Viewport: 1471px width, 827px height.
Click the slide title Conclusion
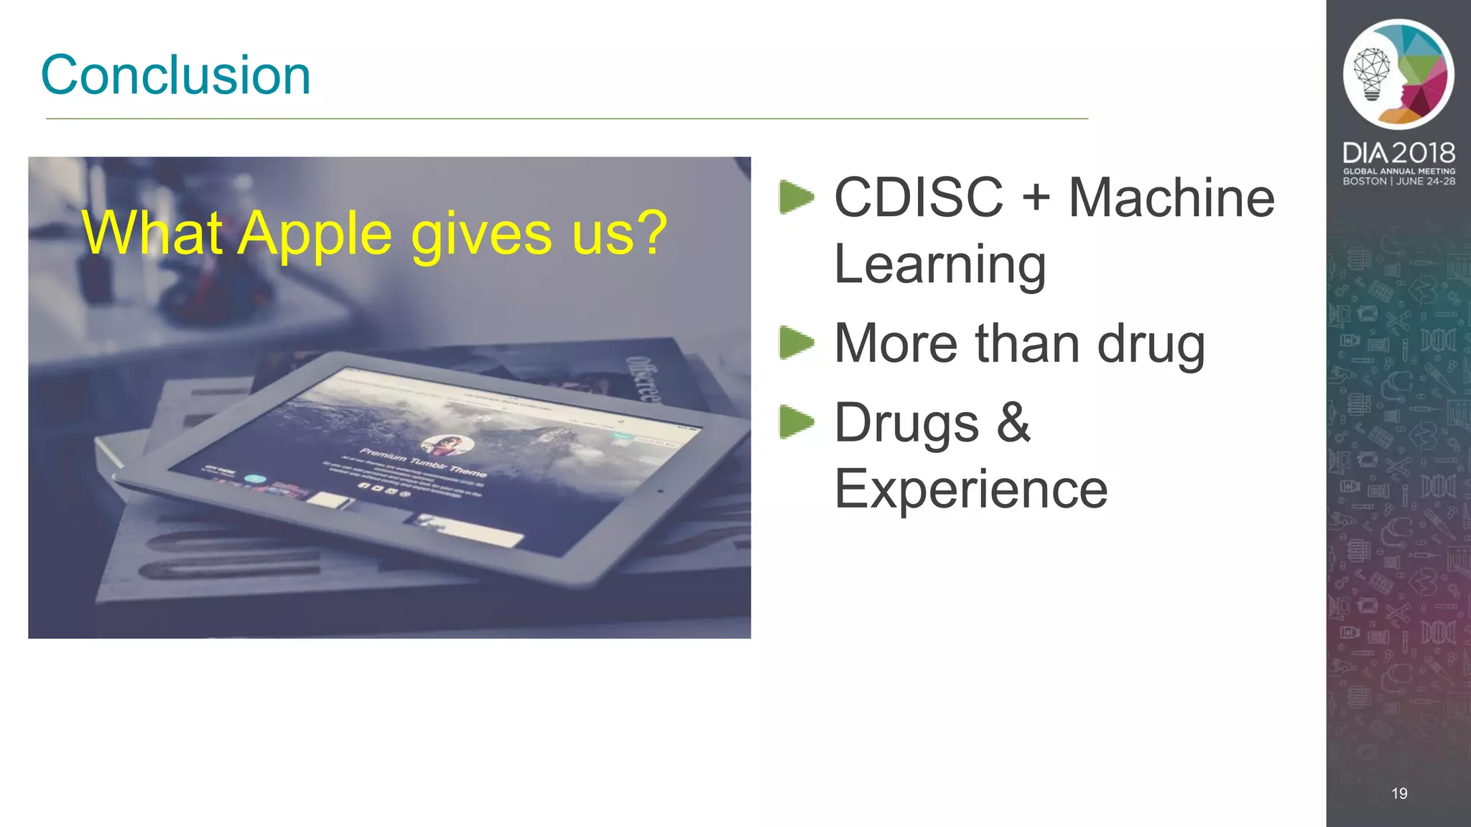click(176, 75)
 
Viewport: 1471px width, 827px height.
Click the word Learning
click(939, 265)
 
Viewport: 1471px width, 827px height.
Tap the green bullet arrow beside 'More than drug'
click(797, 342)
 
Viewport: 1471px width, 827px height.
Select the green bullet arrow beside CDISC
click(797, 197)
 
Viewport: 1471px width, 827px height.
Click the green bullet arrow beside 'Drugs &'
click(797, 421)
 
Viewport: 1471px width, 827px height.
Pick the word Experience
click(970, 489)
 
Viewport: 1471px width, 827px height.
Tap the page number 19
click(1399, 793)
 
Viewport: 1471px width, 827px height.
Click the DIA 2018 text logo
click(1398, 152)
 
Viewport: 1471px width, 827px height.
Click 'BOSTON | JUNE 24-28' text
click(1398, 182)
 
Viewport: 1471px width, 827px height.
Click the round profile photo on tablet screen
click(447, 445)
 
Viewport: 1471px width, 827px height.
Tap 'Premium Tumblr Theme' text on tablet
click(423, 462)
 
